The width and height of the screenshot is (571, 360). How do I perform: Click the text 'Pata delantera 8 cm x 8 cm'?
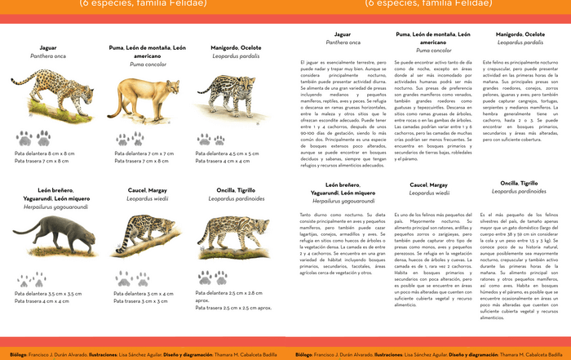pos(44,153)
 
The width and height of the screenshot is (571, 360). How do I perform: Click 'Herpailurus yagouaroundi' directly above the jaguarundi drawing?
pos(46,207)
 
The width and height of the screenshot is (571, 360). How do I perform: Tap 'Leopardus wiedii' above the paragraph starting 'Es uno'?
pos(430,193)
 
